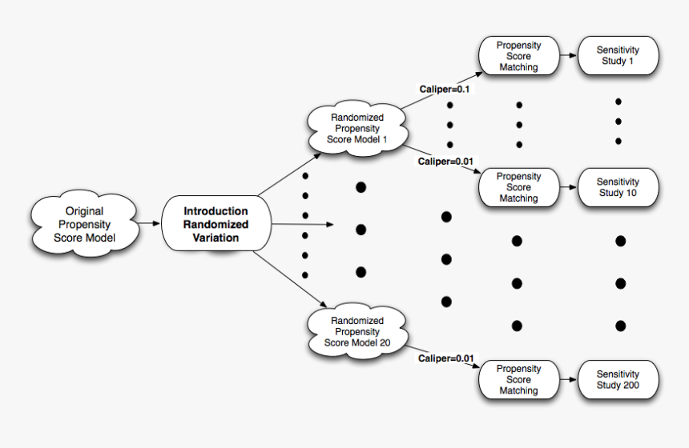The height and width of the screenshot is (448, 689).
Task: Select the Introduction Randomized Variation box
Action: coord(216,224)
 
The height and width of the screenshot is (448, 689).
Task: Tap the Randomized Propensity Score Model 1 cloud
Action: coord(357,128)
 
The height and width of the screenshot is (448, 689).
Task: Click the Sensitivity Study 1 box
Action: coord(618,56)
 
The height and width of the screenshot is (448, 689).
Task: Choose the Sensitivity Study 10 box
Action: coord(618,187)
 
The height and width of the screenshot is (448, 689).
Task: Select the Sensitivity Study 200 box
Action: coord(618,379)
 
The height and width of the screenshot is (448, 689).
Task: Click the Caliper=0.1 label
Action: coord(445,89)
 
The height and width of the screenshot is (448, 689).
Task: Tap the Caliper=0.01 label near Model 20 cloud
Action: coord(445,358)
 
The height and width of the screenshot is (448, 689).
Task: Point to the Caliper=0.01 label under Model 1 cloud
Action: coord(445,162)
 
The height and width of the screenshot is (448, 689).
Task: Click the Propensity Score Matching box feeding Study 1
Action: coord(518,56)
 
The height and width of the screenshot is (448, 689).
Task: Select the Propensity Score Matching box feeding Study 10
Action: coord(518,187)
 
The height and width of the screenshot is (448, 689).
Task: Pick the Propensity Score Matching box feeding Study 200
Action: coord(518,379)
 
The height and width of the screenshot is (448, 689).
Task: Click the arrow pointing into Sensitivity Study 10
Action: coord(567,187)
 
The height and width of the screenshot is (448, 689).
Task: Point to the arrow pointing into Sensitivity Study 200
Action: coord(567,379)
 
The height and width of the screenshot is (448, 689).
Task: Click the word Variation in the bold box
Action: coord(216,238)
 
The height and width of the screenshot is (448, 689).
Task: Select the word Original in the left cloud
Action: coord(83,211)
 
